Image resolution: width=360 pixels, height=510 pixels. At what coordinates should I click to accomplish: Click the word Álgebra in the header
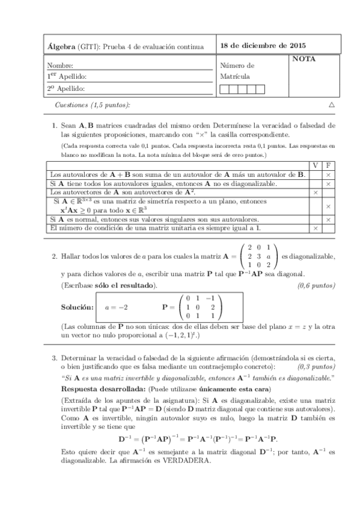point(60,46)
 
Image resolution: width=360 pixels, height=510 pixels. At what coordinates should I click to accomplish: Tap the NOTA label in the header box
point(304,60)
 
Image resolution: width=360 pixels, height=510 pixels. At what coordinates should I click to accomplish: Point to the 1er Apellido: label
point(67,76)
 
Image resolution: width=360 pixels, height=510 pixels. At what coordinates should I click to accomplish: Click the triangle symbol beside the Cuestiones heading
point(332,105)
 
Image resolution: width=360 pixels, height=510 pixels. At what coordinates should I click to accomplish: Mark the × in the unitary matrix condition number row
point(315,229)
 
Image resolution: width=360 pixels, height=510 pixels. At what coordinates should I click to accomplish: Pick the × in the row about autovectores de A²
point(315,192)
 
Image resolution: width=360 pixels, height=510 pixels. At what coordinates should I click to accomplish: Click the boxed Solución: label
point(78,307)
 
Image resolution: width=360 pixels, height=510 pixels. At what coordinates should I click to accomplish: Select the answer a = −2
point(116,307)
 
